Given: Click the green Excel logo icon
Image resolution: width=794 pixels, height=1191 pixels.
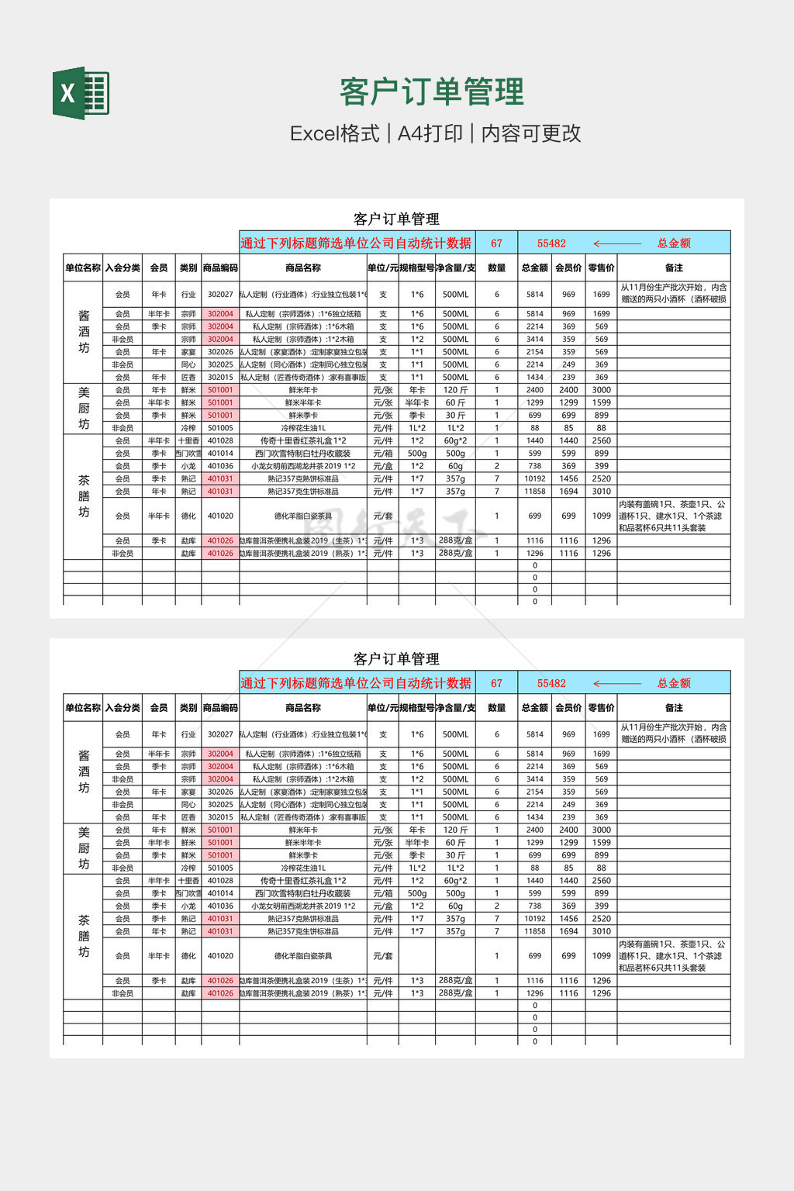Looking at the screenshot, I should pyautogui.click(x=81, y=93).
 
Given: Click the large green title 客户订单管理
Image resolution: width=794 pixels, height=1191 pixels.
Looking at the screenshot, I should pyautogui.click(x=432, y=91).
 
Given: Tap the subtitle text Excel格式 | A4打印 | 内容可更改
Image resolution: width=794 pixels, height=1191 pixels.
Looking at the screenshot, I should pyautogui.click(x=435, y=133).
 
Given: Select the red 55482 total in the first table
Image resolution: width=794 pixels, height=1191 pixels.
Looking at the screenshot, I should pyautogui.click(x=551, y=243).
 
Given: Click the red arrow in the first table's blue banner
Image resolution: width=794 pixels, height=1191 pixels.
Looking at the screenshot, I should pyautogui.click(x=616, y=243).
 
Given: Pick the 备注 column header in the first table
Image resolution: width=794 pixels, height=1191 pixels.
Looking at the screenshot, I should pyautogui.click(x=674, y=268).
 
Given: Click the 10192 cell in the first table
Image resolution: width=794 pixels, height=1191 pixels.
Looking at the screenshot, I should pyautogui.click(x=535, y=478).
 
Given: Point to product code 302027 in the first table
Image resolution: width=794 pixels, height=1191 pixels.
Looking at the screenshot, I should pyautogui.click(x=220, y=295).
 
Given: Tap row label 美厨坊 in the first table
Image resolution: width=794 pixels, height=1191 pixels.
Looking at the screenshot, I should pyautogui.click(x=84, y=408).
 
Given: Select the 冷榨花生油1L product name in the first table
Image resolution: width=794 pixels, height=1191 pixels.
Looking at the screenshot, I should pyautogui.click(x=303, y=427).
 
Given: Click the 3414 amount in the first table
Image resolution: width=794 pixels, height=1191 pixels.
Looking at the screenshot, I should pyautogui.click(x=535, y=339).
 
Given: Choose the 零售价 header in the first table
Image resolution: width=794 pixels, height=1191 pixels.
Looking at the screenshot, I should pyautogui.click(x=601, y=268).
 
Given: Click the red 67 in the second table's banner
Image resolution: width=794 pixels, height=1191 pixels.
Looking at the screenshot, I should pyautogui.click(x=496, y=683).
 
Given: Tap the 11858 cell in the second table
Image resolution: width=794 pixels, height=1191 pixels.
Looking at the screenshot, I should pyautogui.click(x=535, y=931).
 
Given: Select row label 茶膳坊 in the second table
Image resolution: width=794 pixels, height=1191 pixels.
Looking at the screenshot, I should pyautogui.click(x=84, y=936).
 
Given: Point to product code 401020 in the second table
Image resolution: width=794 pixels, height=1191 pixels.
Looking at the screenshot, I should pyautogui.click(x=220, y=956).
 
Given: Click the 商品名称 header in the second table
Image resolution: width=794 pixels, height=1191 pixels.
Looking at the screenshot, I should pyautogui.click(x=303, y=707).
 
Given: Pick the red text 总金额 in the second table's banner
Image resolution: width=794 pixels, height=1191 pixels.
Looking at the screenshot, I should pyautogui.click(x=674, y=683).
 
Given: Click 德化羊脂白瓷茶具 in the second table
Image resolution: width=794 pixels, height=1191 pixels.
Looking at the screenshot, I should pyautogui.click(x=303, y=956).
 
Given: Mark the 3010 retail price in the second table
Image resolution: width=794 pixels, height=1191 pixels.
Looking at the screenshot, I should pyautogui.click(x=601, y=931).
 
